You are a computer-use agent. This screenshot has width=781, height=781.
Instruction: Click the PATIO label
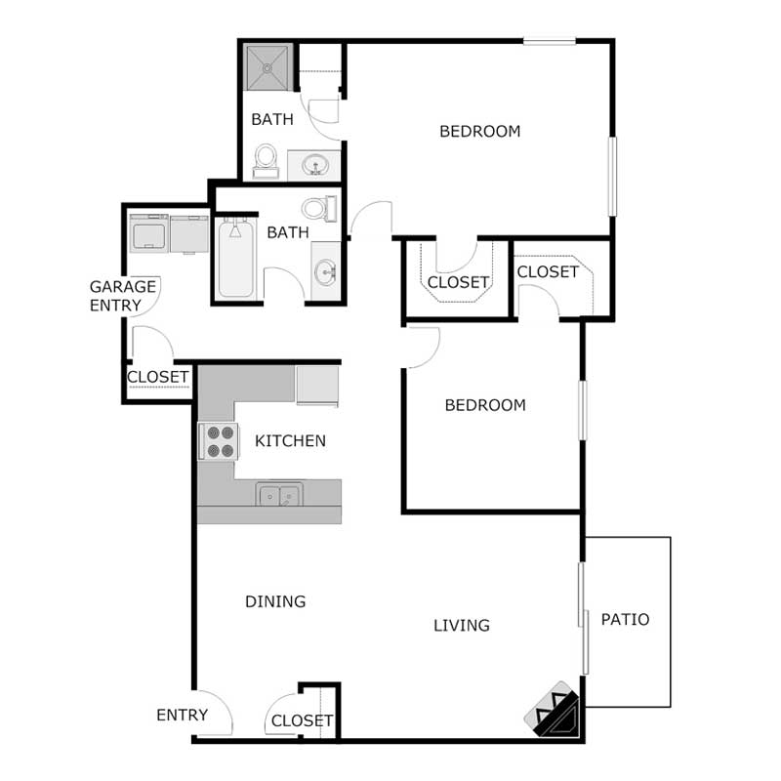[625, 619]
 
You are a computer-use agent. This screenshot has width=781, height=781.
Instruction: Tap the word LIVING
[462, 625]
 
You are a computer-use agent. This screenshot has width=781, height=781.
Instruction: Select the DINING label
[275, 601]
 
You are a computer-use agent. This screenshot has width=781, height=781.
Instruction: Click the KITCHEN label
[290, 441]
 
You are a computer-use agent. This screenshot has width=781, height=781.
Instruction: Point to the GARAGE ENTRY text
[123, 296]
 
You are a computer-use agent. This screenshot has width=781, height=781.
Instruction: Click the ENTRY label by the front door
[182, 715]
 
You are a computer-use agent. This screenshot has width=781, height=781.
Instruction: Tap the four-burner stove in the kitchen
[220, 441]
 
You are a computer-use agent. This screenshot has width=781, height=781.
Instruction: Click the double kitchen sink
[279, 495]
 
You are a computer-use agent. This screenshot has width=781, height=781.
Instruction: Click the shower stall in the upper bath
[267, 68]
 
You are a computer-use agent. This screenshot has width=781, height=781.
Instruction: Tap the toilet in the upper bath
[266, 160]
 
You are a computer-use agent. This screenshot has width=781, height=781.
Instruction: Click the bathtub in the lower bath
[235, 260]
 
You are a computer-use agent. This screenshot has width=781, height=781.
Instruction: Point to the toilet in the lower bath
[318, 208]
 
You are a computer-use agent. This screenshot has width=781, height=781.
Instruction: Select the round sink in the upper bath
[313, 166]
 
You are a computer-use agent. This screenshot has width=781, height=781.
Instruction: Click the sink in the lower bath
[325, 270]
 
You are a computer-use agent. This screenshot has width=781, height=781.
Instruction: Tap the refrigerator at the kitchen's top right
[317, 385]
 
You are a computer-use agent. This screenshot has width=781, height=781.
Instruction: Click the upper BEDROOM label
[479, 131]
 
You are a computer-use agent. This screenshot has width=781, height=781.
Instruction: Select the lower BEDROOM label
[485, 405]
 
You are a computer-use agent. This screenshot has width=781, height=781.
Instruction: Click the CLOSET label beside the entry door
[302, 720]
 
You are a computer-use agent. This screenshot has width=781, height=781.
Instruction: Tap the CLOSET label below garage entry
[157, 377]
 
